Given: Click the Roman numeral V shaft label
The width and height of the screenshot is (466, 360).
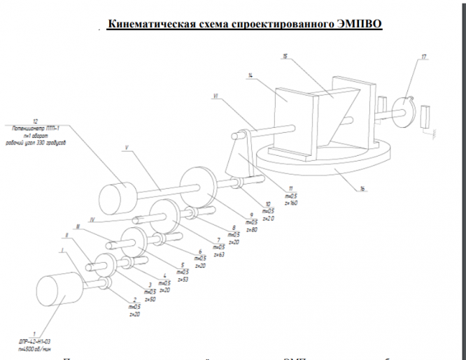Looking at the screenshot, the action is (127, 148).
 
